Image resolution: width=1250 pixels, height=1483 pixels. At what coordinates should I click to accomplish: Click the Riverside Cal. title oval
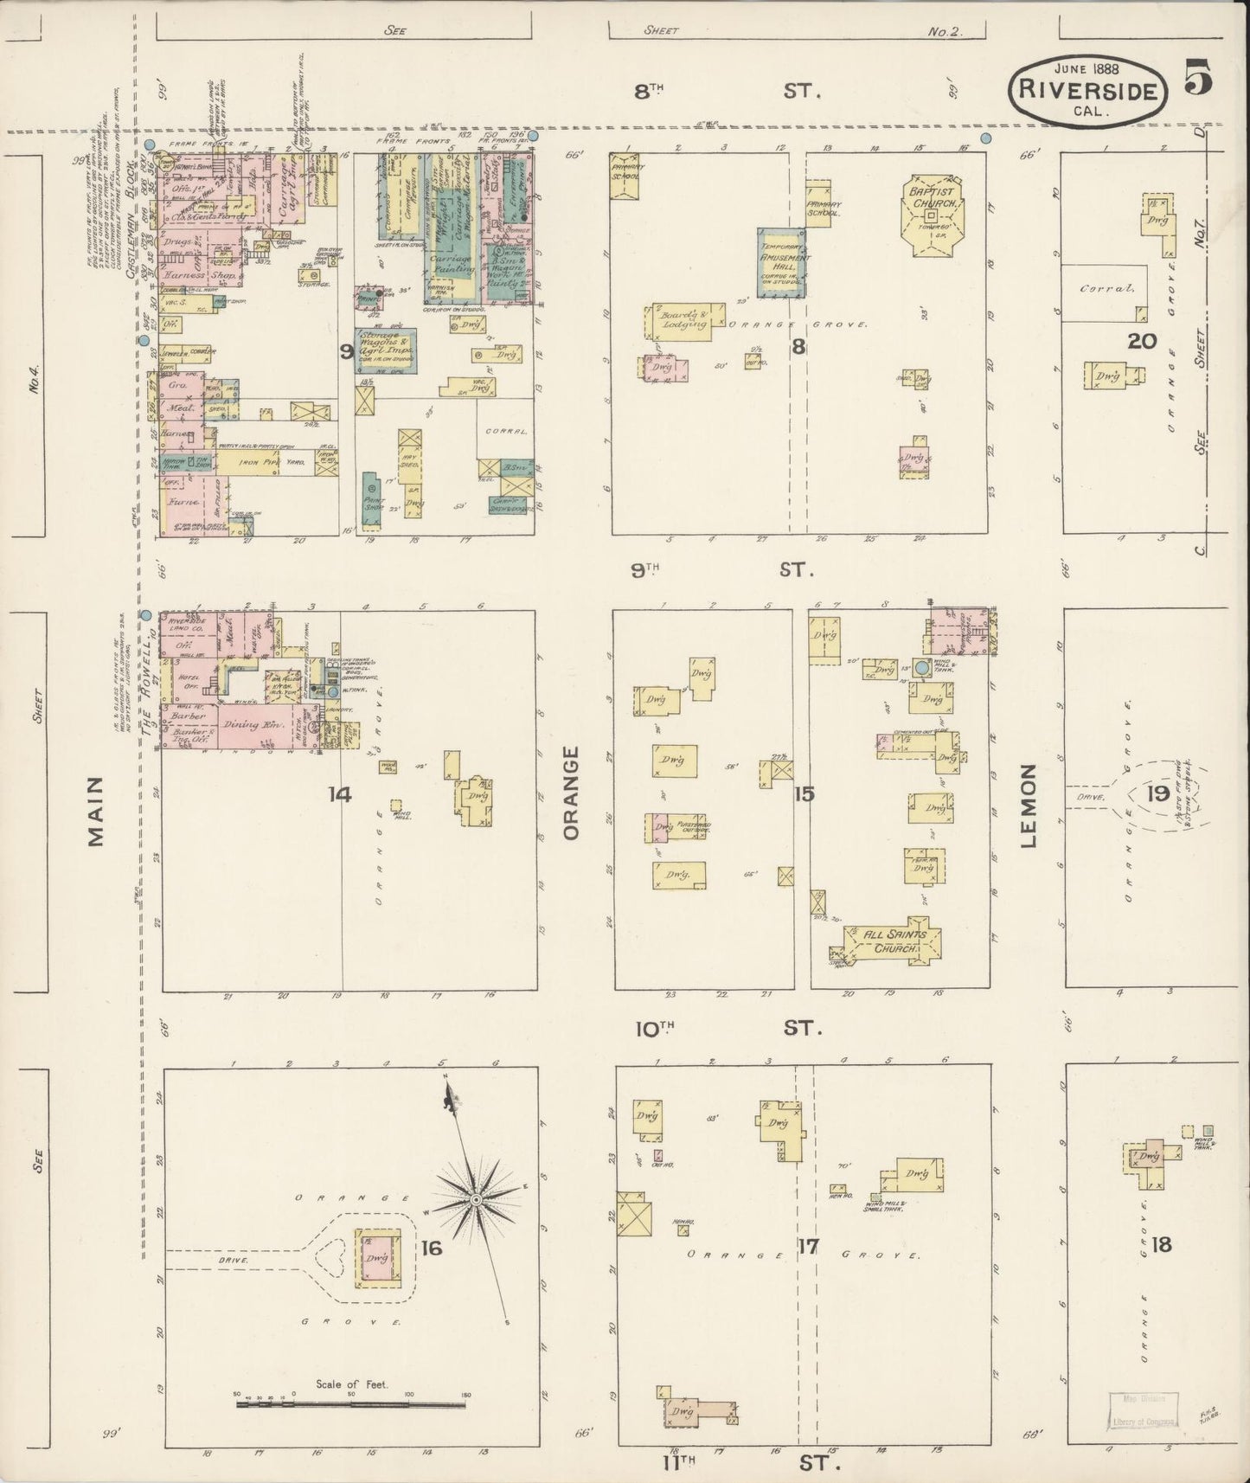[1087, 90]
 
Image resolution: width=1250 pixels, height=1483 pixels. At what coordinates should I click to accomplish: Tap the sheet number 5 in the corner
[1197, 77]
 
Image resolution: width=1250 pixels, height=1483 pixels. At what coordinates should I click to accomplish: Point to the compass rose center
[476, 1200]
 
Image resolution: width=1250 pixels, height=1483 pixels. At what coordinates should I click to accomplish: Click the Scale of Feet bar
[350, 1404]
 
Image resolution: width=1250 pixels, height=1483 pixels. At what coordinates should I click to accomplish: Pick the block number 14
[339, 793]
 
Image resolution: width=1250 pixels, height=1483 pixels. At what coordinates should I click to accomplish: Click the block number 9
[346, 351]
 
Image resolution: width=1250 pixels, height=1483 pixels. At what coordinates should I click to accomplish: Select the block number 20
[1141, 340]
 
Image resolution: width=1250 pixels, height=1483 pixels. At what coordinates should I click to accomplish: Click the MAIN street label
[95, 811]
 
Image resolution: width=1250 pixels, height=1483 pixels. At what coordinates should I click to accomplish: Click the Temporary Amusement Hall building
[783, 263]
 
